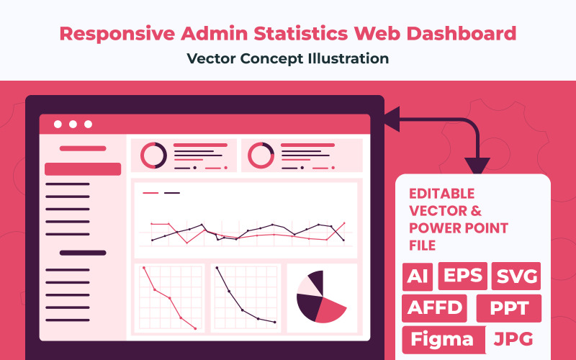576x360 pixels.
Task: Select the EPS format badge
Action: [459, 276]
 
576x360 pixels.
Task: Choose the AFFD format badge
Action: [435, 307]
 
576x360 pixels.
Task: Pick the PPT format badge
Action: [508, 308]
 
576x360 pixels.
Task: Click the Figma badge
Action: [443, 339]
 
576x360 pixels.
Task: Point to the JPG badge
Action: [514, 338]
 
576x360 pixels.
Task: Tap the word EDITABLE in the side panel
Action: [441, 194]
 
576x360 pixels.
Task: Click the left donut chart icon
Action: [153, 155]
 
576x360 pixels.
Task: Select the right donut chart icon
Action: [261, 155]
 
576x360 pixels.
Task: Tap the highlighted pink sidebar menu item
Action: [83, 169]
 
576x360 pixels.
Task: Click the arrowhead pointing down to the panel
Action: [477, 165]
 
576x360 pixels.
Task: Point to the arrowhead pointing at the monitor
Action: [392, 120]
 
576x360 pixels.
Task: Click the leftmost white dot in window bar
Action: [58, 124]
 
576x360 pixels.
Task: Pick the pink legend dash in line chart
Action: [150, 193]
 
